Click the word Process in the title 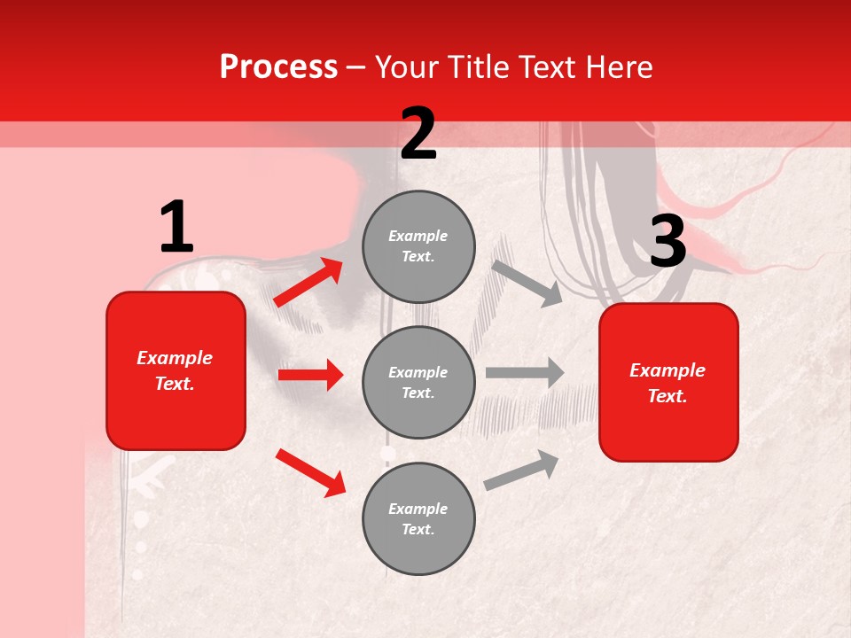[x=278, y=67]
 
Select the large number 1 [x=176, y=228]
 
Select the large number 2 [x=418, y=134]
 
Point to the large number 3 [x=668, y=242]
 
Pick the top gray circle [x=418, y=246]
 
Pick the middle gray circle [x=418, y=382]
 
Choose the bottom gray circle [x=418, y=518]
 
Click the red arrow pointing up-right [x=308, y=283]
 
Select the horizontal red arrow [x=310, y=375]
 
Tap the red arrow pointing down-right [x=309, y=471]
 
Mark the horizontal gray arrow [x=525, y=373]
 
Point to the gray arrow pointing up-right [x=521, y=471]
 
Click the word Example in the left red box [x=175, y=358]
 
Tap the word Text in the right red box [x=667, y=397]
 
